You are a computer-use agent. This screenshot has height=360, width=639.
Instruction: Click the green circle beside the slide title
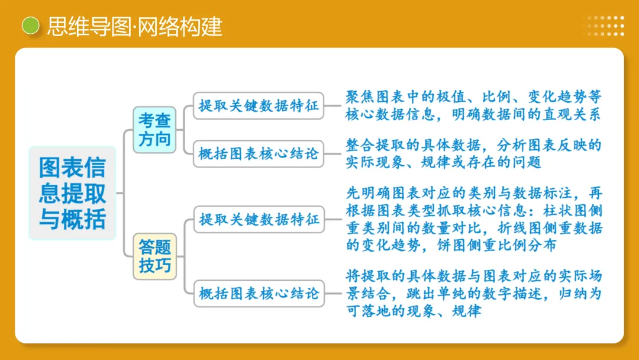30,26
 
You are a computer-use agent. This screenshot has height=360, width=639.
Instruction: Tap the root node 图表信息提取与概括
72,193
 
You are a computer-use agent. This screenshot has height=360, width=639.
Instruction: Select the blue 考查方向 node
154,130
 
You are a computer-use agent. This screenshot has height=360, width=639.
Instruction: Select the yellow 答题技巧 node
154,256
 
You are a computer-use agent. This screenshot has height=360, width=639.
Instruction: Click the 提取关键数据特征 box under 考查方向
259,106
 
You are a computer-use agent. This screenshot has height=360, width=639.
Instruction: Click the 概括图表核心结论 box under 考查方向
259,155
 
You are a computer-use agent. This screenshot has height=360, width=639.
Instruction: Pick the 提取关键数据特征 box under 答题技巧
259,220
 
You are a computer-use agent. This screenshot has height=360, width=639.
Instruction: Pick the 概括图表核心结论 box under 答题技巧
259,292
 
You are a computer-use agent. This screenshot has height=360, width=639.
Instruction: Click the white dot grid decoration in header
606,26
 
